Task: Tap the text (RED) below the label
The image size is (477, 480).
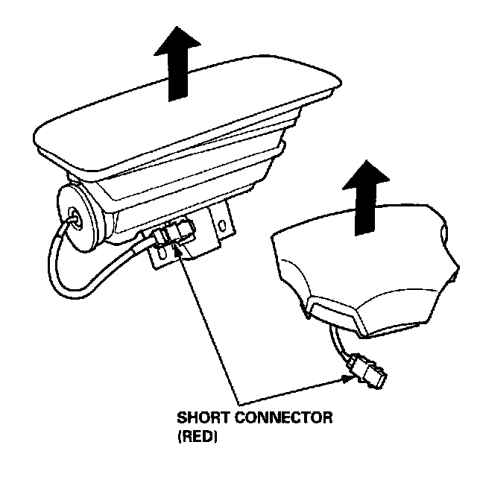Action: tap(197, 439)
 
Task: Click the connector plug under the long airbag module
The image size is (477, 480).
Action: tap(177, 233)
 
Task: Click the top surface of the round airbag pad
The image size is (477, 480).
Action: tap(358, 253)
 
